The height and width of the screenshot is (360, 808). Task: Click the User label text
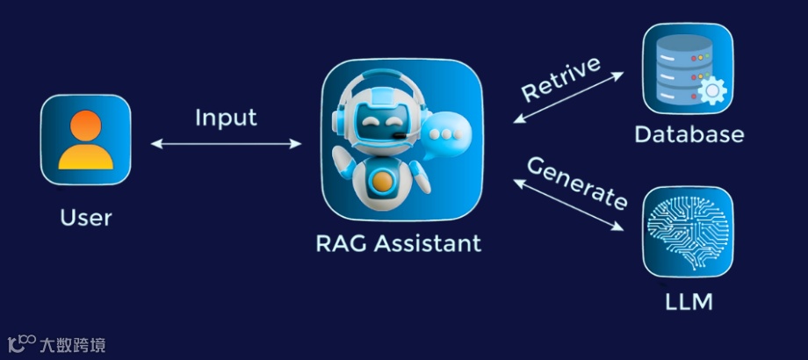click(86, 217)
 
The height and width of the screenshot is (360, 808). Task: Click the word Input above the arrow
click(226, 118)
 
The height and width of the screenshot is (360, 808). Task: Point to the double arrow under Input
click(226, 142)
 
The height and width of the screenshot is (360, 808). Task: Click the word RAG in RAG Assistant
click(343, 243)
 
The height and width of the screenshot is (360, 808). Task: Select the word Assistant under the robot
click(429, 243)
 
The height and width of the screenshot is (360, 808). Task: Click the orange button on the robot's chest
click(382, 181)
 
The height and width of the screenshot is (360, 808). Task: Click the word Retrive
click(562, 77)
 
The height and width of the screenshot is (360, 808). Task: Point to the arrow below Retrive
click(568, 97)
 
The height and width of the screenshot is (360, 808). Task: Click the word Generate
click(577, 182)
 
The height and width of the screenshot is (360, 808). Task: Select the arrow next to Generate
click(568, 204)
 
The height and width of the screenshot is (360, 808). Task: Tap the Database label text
click(689, 134)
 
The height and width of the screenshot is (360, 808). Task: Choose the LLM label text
click(689, 304)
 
